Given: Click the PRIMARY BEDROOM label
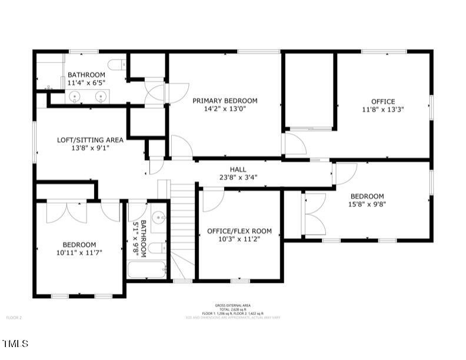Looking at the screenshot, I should coord(225,101).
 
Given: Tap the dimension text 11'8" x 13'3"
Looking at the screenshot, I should coord(383,109).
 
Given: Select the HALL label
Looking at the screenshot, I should coord(238,169).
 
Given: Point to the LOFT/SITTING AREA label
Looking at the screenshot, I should coord(90,139).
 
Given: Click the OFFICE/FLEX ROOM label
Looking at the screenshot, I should coord(239,231).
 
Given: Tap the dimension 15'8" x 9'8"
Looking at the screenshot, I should coord(368,204).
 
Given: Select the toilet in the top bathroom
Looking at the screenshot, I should coord(119,64).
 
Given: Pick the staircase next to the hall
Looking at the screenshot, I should coord(182,229).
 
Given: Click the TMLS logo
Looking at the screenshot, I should coord(16,343).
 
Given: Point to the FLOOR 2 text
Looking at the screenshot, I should coord(14,318).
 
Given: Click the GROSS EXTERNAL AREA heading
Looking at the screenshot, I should coord(233,305).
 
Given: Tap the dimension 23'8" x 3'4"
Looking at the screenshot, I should coord(238,176).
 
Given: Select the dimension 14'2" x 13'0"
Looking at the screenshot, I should coord(225,109).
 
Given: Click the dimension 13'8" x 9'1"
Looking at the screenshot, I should coord(90,148).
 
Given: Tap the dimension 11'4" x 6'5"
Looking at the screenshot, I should coord(86,83).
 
